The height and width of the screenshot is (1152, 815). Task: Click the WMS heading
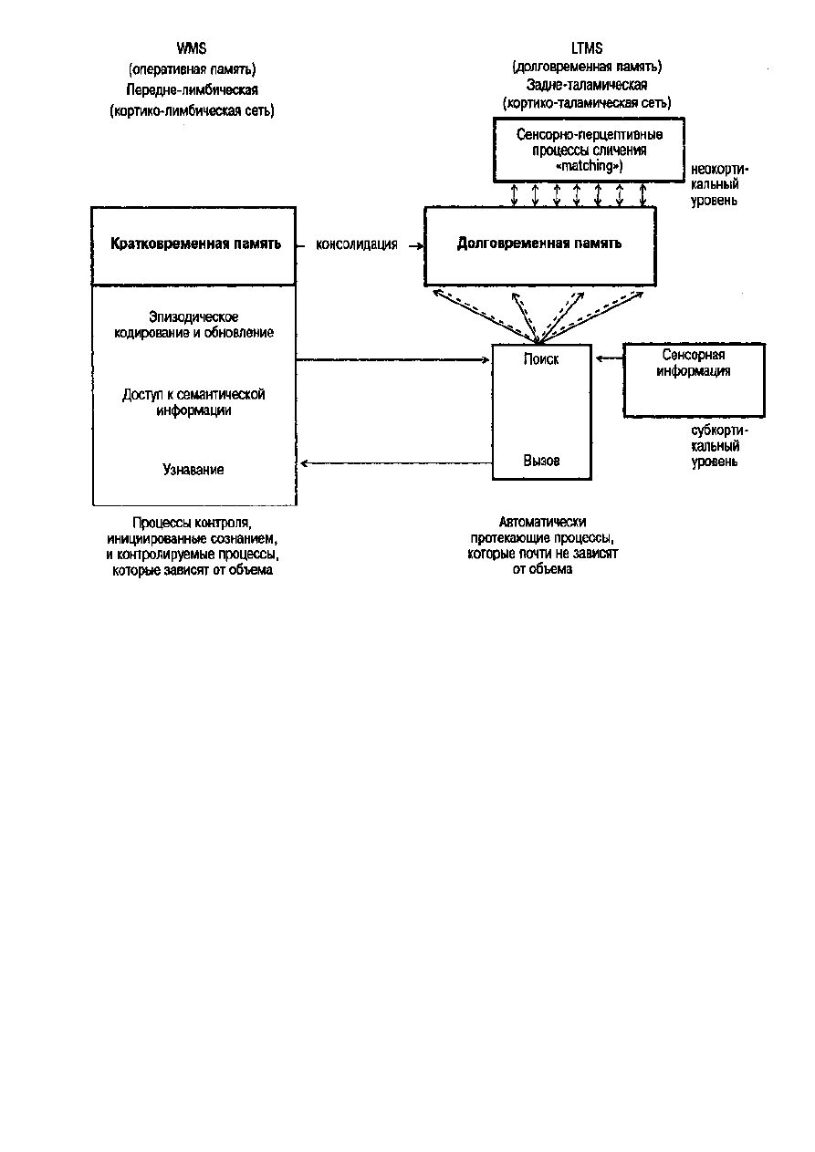(x=192, y=48)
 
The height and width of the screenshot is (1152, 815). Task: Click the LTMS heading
(x=587, y=48)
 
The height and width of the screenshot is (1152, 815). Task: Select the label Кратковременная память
(x=195, y=244)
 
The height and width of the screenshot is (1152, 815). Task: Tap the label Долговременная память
(x=539, y=243)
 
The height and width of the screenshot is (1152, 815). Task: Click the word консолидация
(x=357, y=244)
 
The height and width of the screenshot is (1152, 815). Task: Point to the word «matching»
(x=590, y=166)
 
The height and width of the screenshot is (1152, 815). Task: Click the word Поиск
(x=541, y=359)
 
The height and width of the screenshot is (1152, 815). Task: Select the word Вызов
(x=541, y=461)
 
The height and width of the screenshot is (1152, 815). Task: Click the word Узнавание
(x=193, y=469)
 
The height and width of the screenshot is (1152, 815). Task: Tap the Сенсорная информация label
(x=694, y=363)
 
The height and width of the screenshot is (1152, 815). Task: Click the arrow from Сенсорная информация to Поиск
(x=610, y=358)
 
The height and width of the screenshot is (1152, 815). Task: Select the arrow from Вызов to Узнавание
(x=396, y=463)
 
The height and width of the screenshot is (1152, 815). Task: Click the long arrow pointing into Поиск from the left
(x=392, y=360)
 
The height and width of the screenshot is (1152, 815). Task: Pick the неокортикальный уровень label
(x=719, y=184)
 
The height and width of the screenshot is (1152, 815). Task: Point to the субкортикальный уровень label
(x=719, y=446)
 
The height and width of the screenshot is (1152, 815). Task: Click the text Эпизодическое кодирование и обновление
(x=193, y=325)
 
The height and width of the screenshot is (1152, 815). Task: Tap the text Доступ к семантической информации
(x=193, y=402)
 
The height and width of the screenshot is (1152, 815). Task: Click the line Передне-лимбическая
(x=192, y=90)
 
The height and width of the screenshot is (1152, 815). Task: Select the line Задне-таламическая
(x=587, y=84)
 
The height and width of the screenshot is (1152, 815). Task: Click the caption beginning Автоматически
(x=542, y=545)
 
